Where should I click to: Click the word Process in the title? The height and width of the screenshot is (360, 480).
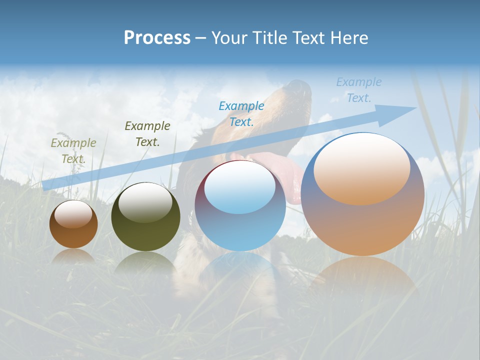coord(157,38)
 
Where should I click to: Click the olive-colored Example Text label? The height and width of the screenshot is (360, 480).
coord(73,151)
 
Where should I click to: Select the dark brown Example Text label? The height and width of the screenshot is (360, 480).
coord(147,134)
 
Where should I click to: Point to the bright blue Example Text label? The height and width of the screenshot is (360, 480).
coord(241,113)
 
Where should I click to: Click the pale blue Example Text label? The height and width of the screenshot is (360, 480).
coord(358,89)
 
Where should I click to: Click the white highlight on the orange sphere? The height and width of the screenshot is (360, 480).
coord(361,169)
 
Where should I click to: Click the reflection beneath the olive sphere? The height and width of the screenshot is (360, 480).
coord(145,262)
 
